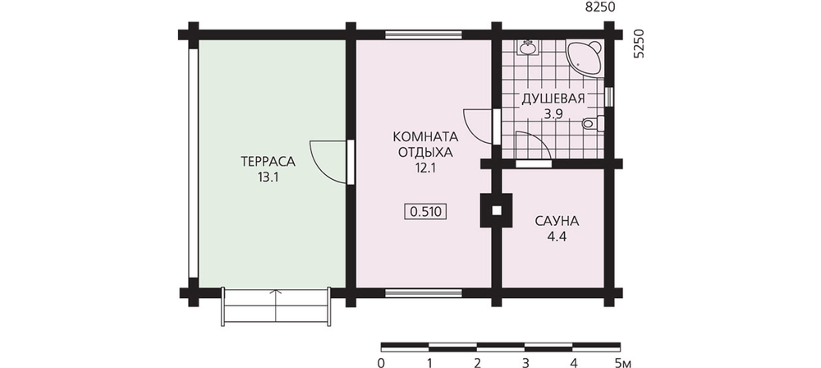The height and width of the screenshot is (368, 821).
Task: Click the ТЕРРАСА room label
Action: click(x=268, y=162)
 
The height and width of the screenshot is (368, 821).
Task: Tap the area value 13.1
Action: click(x=268, y=177)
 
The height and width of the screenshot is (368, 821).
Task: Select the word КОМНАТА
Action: click(x=425, y=137)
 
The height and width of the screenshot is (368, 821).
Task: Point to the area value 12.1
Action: click(x=425, y=168)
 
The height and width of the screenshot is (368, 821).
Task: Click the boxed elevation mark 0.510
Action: click(x=425, y=212)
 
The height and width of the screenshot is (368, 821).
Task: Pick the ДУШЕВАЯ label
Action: click(x=552, y=99)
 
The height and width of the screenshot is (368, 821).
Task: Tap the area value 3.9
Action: click(x=553, y=115)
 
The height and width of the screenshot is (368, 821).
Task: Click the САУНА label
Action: click(x=557, y=221)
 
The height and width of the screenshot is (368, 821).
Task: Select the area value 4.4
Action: click(x=557, y=237)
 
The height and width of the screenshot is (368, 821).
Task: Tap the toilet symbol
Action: click(x=593, y=124)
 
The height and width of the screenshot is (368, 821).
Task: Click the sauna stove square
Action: click(x=496, y=210)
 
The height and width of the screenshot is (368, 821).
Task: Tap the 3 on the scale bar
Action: click(x=525, y=362)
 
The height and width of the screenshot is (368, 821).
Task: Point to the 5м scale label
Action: click(x=622, y=362)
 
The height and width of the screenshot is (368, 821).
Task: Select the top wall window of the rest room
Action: click(x=424, y=35)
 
